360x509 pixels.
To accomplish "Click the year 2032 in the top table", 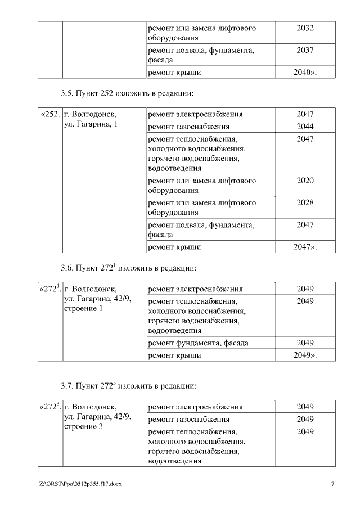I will pos(305,28).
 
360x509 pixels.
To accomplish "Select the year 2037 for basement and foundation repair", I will pos(305,50).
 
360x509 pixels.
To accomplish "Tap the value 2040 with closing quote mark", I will pos(305,73).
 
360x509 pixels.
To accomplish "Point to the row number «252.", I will pos(50,114).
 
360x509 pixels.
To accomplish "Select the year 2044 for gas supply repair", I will pos(305,127).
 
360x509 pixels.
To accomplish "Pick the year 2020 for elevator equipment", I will pos(305,181).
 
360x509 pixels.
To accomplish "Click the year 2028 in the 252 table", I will pos(305,202).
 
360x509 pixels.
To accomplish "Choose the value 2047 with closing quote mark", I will pos(305,247).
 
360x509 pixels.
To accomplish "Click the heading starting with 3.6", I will pos(128,268).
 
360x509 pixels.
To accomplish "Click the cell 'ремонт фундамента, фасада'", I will pos(197,343).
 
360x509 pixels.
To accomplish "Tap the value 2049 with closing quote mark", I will pos(305,355).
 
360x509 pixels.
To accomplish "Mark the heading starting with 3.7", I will pos(128,386).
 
